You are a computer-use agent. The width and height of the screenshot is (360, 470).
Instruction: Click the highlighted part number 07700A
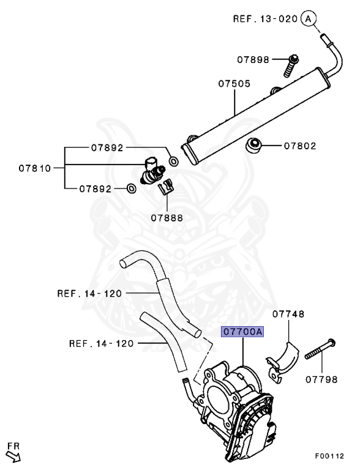click(x=242, y=332)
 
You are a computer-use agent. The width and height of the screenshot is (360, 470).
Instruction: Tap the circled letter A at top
click(x=309, y=18)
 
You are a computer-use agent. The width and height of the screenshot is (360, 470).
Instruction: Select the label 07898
click(x=253, y=59)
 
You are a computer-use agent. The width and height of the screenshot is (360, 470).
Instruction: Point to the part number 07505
click(x=234, y=83)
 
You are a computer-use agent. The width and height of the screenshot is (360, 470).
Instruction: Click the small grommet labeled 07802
click(x=253, y=146)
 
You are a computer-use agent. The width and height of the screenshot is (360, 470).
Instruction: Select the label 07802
click(x=300, y=146)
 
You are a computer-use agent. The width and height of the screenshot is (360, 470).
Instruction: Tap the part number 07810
click(x=35, y=168)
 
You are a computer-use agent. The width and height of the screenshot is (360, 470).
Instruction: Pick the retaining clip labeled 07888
click(x=166, y=187)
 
